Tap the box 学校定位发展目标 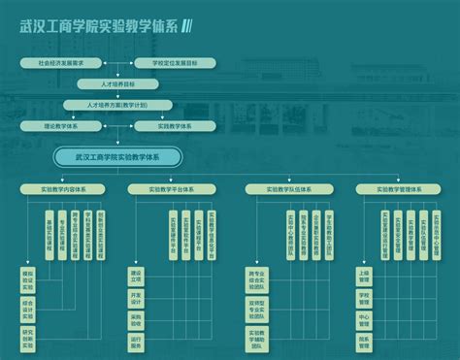point(173,62)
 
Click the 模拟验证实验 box point(28,280)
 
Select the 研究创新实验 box point(28,339)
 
